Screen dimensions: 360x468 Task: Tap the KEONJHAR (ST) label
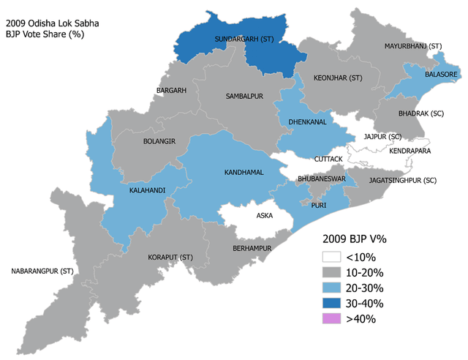pos(338,78)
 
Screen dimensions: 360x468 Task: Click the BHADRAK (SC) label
pos(421,115)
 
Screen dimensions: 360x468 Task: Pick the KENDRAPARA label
pos(410,151)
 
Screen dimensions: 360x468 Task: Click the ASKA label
pos(264,217)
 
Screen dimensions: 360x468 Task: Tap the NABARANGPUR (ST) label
pos(42,271)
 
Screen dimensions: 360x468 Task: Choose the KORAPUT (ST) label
pos(170,258)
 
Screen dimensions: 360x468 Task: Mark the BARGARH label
pos(172,91)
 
